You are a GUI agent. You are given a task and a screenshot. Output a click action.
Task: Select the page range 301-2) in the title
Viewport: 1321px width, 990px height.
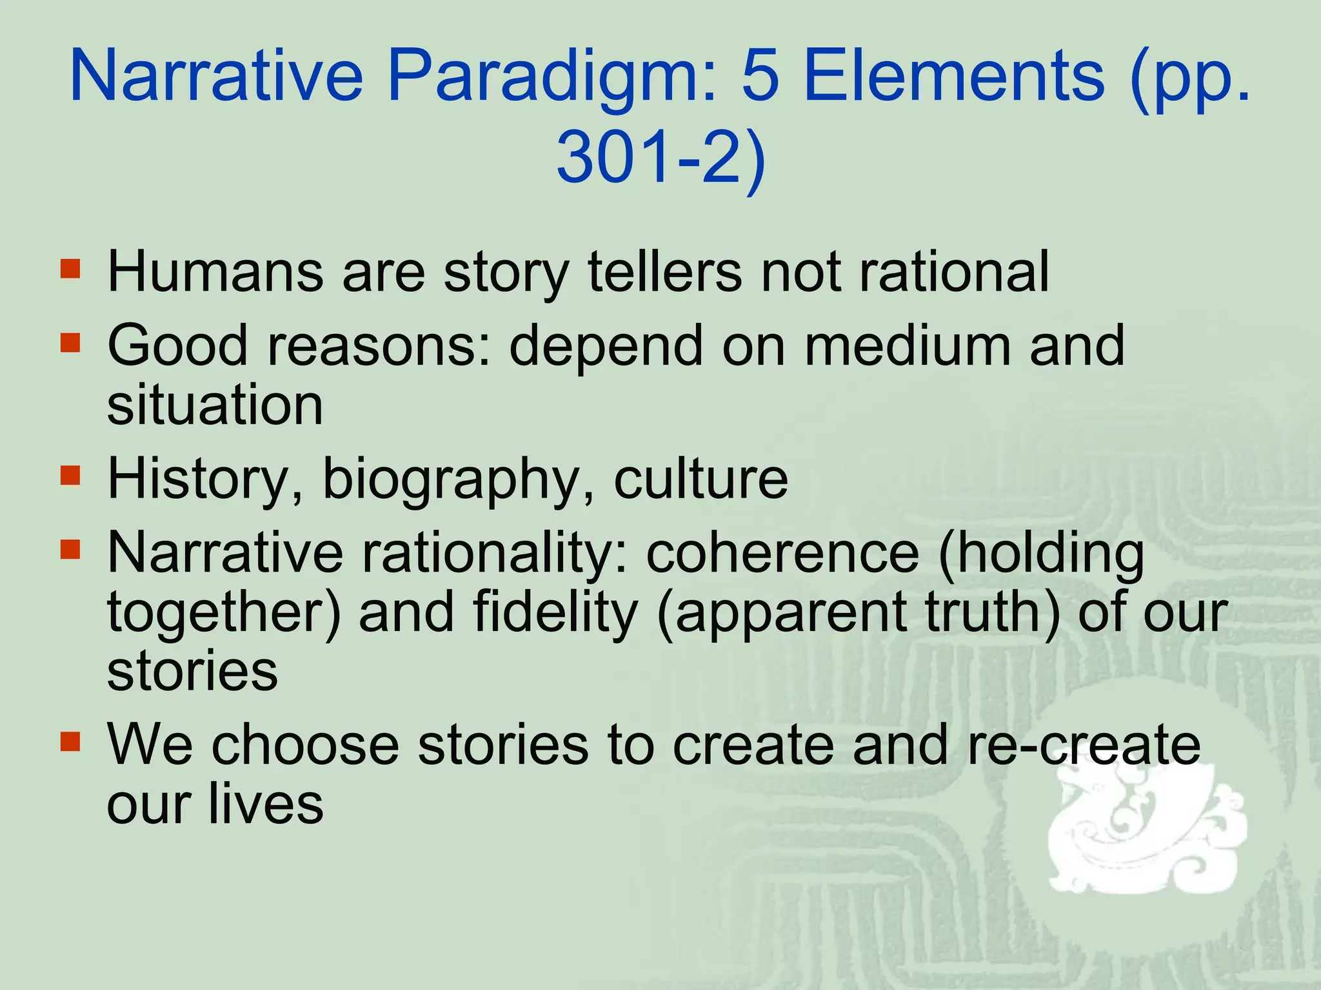pos(660,158)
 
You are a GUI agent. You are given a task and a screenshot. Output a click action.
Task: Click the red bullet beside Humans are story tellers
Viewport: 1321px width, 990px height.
pos(70,269)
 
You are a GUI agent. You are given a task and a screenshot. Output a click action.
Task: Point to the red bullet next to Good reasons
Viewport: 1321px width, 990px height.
pos(70,343)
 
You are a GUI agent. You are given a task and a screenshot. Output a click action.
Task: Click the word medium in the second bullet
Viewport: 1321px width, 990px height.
pos(907,345)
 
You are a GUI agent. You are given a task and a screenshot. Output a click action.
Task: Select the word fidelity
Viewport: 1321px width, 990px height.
pos(555,612)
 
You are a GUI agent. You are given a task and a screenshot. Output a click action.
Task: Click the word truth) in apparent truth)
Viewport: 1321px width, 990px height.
pos(993,612)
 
